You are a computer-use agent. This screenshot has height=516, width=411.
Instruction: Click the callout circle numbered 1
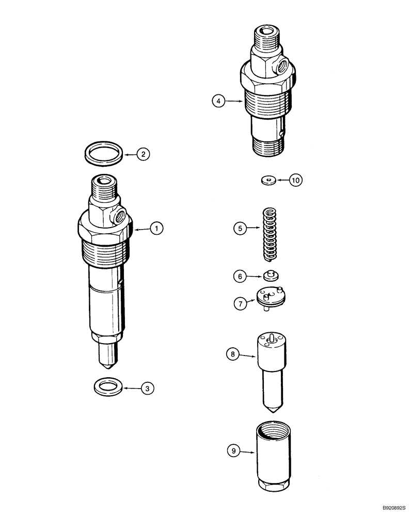(156, 228)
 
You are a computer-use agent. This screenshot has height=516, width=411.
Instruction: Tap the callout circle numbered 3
(148, 388)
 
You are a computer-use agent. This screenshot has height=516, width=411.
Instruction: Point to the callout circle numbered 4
(219, 102)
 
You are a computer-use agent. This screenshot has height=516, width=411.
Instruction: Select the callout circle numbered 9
(234, 451)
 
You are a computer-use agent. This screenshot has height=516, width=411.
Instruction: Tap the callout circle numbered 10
(295, 181)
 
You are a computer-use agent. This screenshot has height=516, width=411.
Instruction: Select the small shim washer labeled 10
(267, 180)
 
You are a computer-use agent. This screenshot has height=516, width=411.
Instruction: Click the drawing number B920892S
(385, 508)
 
